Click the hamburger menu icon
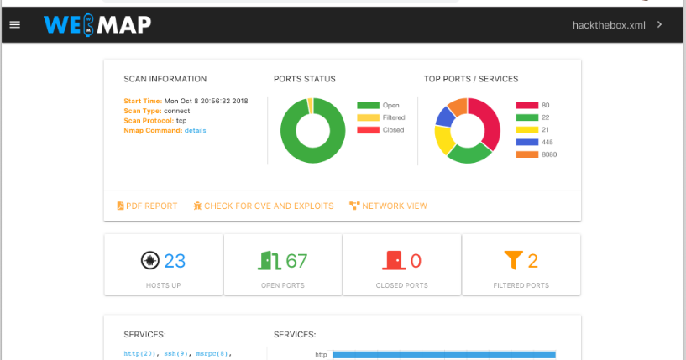pos(14,25)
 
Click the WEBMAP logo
pos(97,25)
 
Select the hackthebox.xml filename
pos(610,25)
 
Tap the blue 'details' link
pos(195,130)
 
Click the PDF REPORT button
pos(147,206)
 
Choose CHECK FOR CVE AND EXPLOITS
pos(263,206)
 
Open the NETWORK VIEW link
pos(389,206)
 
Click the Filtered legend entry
pos(392,117)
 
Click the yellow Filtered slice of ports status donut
pos(310,105)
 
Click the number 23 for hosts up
pos(175,261)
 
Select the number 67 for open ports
pos(296,261)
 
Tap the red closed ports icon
pos(392,261)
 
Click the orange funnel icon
pos(513,261)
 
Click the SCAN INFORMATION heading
pos(165,79)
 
